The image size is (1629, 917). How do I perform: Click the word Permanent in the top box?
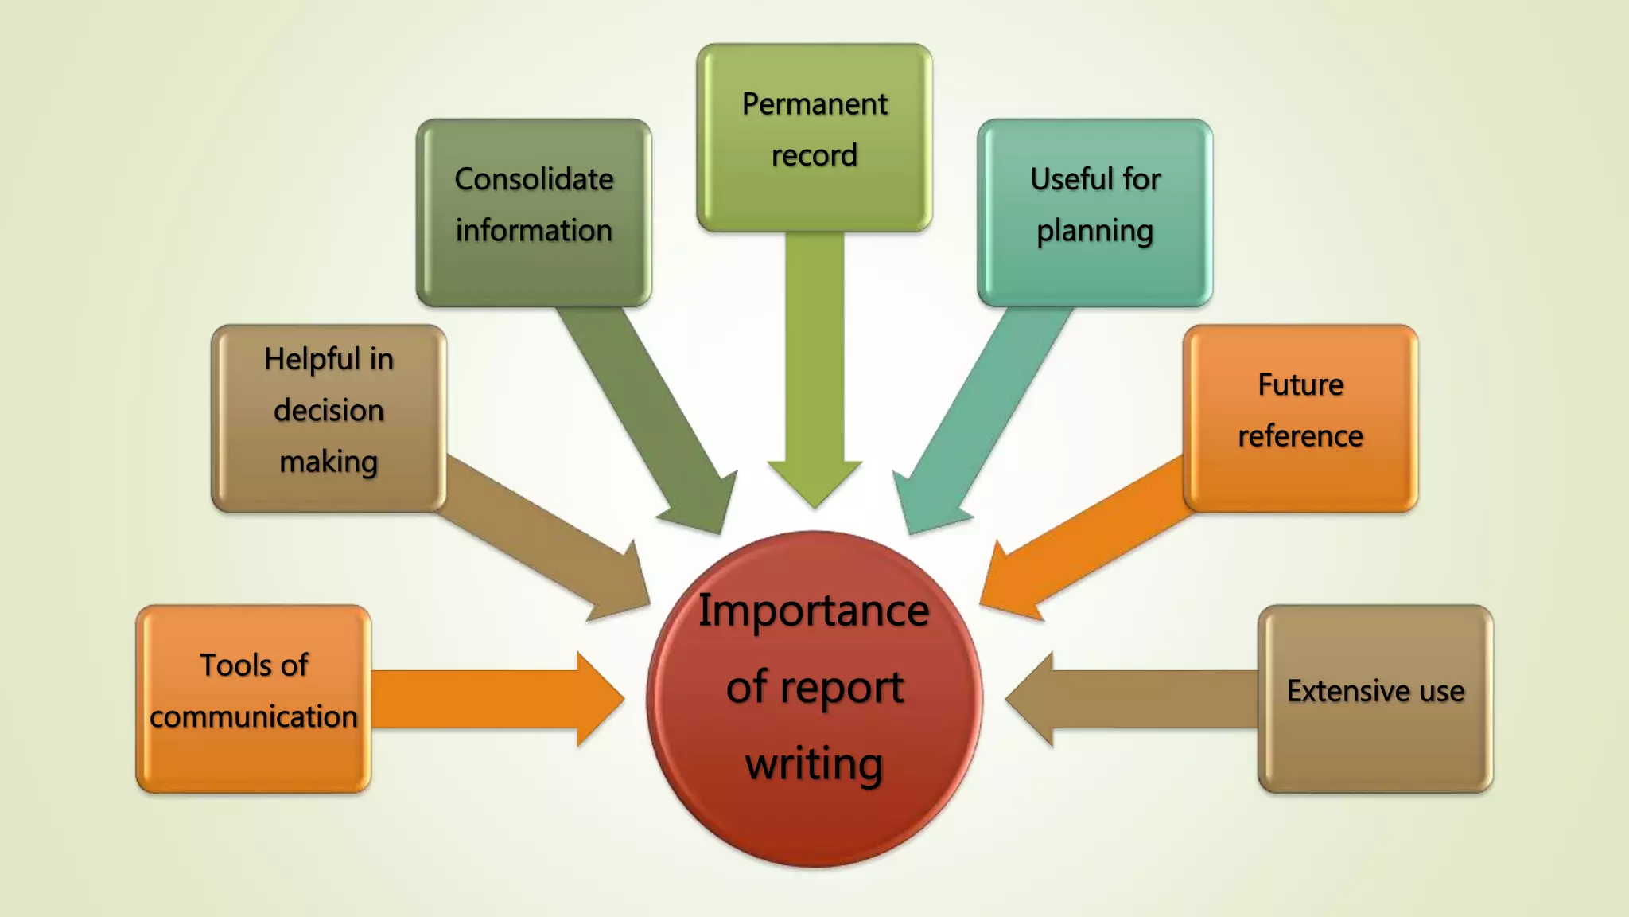[x=814, y=104]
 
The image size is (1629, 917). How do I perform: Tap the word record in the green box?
[x=814, y=155]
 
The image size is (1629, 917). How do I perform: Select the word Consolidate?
[x=534, y=179]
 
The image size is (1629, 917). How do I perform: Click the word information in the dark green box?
[x=534, y=231]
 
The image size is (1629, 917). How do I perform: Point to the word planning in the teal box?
[x=1094, y=232]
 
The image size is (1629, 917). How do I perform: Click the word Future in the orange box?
[x=1300, y=385]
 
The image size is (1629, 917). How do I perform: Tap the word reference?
[x=1300, y=436]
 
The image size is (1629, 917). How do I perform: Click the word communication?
[x=253, y=716]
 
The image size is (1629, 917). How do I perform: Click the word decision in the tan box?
[x=329, y=411]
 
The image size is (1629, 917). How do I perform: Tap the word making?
[x=329, y=462]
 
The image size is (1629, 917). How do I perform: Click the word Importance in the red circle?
[x=814, y=611]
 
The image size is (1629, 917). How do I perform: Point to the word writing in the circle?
[x=814, y=764]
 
